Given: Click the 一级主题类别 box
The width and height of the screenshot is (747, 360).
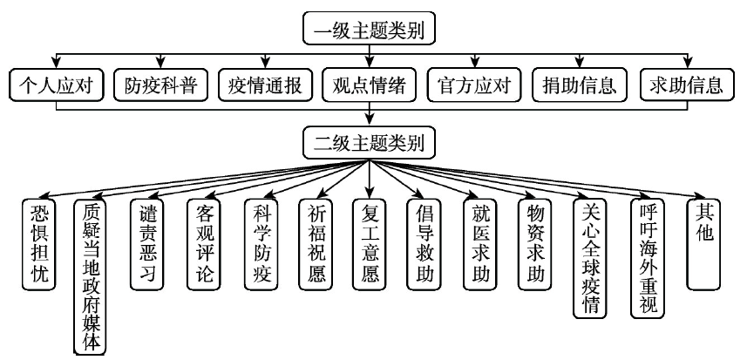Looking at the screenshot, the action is (370, 29).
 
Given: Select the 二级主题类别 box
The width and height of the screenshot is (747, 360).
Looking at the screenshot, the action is (370, 142).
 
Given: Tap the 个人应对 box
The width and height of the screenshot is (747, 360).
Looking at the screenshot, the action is (56, 85).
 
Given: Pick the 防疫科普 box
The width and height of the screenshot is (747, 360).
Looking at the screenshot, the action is (160, 85).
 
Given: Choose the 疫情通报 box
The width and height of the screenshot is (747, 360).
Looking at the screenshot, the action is (265, 85).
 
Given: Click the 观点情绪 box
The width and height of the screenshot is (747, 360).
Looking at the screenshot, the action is (370, 85).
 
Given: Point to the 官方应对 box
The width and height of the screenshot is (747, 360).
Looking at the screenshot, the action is (474, 85).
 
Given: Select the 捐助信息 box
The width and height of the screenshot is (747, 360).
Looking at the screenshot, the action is (579, 85).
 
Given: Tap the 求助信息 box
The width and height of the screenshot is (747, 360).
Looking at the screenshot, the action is (687, 85).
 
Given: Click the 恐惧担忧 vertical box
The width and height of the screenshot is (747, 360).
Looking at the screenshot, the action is (39, 244).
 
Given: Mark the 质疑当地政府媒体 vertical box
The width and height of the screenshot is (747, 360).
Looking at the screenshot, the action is (90, 277).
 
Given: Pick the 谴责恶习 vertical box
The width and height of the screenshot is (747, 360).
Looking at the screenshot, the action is (147, 244).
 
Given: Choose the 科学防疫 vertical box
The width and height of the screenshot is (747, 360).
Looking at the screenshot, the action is (261, 244).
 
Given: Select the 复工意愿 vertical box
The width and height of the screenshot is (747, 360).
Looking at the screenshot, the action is (370, 244).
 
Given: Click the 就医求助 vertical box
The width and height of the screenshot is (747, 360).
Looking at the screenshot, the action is (480, 244).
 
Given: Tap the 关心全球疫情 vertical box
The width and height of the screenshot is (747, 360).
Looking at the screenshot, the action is (590, 258).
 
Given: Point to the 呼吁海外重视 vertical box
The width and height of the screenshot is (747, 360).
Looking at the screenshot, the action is (648, 258).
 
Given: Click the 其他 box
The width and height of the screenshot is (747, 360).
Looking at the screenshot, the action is (703, 244).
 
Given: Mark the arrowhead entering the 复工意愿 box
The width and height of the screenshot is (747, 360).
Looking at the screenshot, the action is (370, 193).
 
